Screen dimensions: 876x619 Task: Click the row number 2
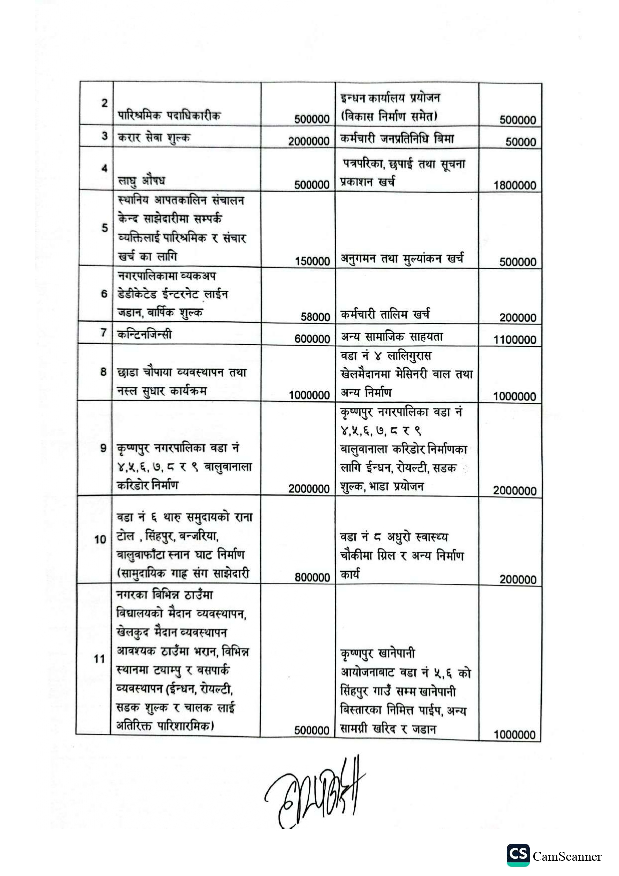(x=104, y=103)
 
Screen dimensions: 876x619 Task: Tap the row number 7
(x=104, y=332)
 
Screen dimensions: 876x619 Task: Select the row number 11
(x=99, y=659)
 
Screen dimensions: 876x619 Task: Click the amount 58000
(x=315, y=317)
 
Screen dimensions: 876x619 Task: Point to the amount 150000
(x=312, y=261)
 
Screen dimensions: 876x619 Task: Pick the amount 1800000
(x=515, y=185)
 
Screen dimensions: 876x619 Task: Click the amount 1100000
(x=515, y=340)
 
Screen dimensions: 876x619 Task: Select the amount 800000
(x=312, y=577)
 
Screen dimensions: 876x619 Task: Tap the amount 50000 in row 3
(x=520, y=142)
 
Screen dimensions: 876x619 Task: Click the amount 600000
(x=312, y=339)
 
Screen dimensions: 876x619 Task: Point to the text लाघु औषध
(x=141, y=180)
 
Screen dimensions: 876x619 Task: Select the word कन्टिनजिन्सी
(x=144, y=334)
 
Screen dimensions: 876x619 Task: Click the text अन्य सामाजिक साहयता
(x=392, y=337)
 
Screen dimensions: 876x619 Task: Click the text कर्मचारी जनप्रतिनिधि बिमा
(x=397, y=139)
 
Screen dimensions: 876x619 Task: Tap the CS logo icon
(x=518, y=855)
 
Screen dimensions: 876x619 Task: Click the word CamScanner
(x=567, y=857)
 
